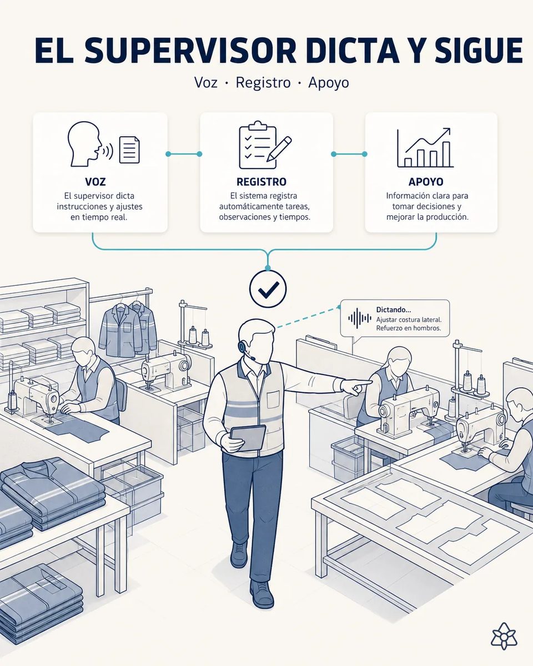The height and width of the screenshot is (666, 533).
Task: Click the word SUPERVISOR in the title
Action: point(190,51)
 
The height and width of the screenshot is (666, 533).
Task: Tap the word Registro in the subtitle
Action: point(263,83)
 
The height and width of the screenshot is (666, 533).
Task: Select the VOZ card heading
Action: point(95,181)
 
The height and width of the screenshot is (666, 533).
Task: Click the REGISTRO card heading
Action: point(262,181)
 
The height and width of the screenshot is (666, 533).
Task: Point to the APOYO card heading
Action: point(426,181)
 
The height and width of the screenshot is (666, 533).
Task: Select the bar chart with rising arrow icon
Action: point(425,148)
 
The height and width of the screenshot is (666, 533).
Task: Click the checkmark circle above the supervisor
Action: point(268,289)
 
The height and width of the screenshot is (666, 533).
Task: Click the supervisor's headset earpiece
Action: point(242,345)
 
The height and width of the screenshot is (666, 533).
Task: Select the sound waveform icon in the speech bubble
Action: point(360,318)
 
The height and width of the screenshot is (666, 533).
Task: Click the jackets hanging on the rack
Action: point(128,330)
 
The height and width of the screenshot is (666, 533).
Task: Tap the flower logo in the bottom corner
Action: point(504,636)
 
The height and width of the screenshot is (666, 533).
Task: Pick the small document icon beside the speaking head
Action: point(129,150)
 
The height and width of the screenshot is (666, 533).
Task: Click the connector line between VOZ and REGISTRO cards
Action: point(184,154)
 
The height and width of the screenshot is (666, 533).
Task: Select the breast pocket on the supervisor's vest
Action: point(273,399)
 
